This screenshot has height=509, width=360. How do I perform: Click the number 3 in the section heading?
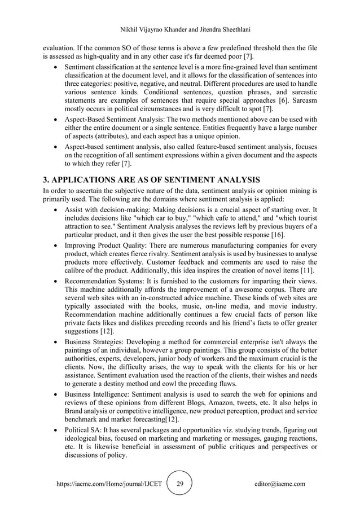coord(46,180)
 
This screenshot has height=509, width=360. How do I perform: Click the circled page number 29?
coord(180,484)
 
